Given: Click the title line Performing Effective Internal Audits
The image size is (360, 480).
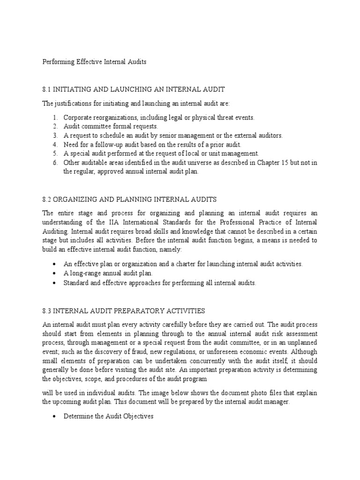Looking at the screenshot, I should click(95, 62).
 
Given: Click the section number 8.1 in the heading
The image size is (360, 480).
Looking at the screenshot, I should click(47, 89).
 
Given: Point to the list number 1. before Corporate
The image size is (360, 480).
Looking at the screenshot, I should click(55, 118).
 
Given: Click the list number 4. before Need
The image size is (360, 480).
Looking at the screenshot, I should click(55, 144).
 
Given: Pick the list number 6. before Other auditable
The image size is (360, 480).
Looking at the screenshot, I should click(55, 162).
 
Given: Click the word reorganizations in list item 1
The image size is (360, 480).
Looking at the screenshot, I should click(112, 118).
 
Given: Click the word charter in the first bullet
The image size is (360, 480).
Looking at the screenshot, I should click(189, 264).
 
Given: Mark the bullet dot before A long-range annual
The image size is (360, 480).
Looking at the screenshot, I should click(55, 273).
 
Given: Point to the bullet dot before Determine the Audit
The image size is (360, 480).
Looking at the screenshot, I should click(55, 416).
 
